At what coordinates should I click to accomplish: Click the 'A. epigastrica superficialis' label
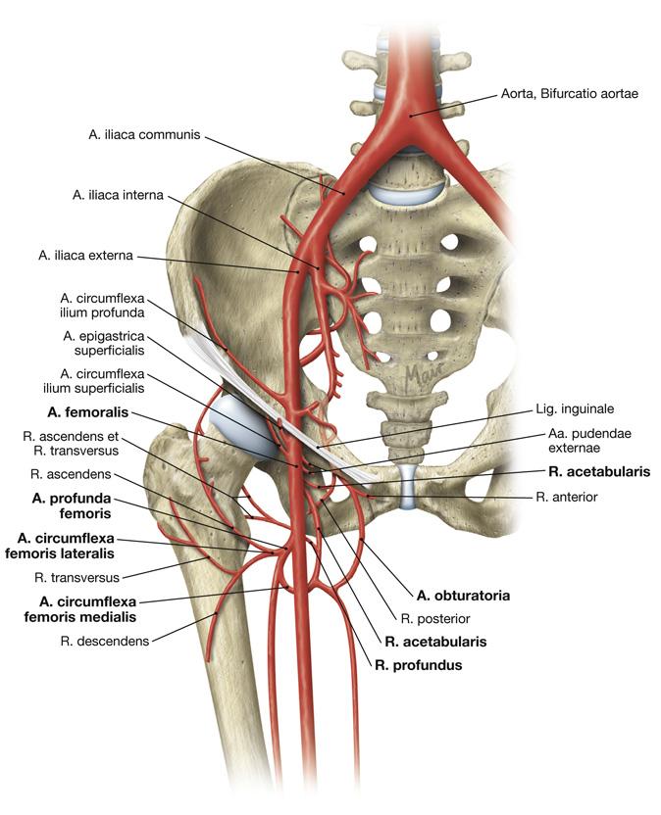(103, 342)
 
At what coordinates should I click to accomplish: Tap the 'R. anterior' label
(568, 498)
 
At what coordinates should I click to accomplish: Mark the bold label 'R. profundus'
(418, 665)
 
